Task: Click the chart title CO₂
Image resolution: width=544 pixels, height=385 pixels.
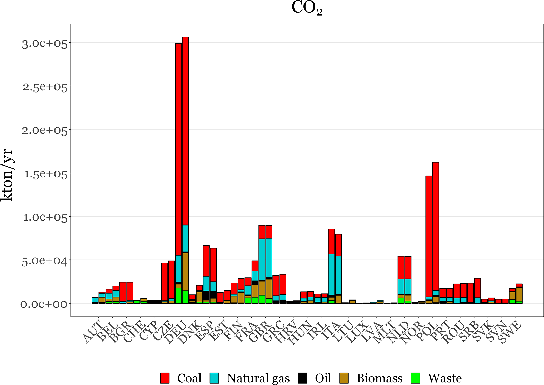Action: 307,8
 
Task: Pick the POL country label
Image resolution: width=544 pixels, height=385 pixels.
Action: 427,332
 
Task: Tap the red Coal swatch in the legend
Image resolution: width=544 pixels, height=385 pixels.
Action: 165,378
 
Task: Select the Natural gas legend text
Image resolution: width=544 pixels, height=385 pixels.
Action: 258,378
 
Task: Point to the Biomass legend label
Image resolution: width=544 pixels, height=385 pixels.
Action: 379,378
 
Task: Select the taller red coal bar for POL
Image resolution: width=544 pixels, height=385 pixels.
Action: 436,226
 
